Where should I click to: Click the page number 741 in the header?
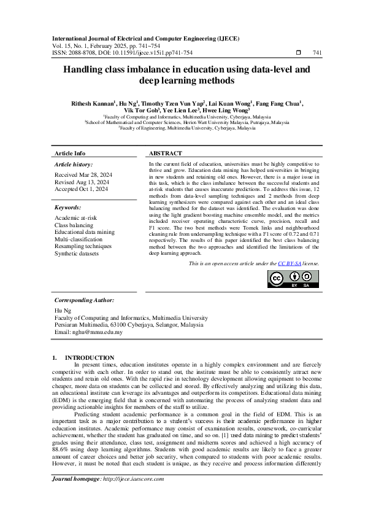(x=317, y=53)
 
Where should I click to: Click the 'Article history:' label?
(x=74, y=165)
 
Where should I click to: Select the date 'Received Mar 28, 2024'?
(x=82, y=175)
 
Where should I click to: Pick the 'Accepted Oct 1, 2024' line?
(x=81, y=189)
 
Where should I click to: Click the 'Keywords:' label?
(x=67, y=208)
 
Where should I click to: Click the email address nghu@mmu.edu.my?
(x=88, y=332)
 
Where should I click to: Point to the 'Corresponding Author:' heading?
(x=84, y=300)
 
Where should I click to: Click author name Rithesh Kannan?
(x=92, y=103)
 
